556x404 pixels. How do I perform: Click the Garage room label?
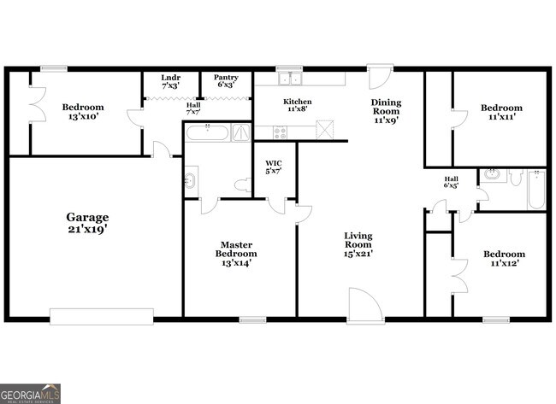87,223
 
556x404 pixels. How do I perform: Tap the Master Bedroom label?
235,254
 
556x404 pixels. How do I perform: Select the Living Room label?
358,244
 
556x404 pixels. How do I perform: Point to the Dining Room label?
385,111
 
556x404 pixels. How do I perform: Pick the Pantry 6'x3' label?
226,81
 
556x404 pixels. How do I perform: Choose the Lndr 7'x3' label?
170,81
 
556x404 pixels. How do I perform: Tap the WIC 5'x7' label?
274,167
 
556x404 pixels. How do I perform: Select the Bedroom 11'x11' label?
500,113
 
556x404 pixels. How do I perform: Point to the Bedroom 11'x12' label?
504,259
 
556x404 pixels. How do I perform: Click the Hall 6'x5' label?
451,182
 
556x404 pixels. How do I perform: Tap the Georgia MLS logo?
31,394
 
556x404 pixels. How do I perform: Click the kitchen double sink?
290,79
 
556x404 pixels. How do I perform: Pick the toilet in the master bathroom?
241,184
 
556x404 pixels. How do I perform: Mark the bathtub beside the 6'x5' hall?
535,190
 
